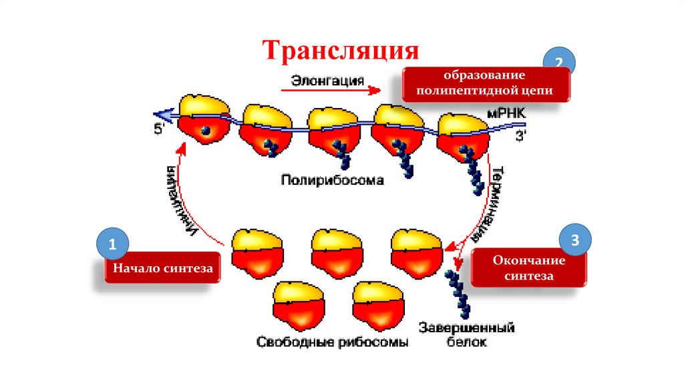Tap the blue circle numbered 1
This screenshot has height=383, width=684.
112,245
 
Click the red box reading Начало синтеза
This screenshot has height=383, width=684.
162,268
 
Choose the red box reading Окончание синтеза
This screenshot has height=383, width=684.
529,268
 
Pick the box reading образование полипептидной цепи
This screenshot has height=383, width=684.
486,83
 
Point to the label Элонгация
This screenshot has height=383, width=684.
327,81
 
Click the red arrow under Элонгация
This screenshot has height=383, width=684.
330,91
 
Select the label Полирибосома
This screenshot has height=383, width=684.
332,179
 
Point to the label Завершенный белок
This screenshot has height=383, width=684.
466,336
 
